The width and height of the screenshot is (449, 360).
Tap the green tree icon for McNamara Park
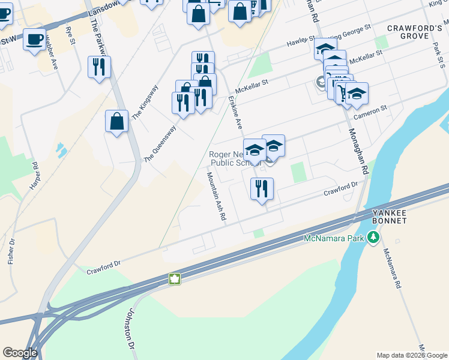374,238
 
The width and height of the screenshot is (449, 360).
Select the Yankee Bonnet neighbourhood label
390,217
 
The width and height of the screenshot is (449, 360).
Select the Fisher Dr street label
11,251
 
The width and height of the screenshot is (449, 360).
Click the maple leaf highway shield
174,279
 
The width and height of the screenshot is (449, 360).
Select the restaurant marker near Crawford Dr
262,189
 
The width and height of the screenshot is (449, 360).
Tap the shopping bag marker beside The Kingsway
117,121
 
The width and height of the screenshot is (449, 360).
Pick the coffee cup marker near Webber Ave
34,40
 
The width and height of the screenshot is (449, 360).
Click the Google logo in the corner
20,353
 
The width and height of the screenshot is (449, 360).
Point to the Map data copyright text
411,355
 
